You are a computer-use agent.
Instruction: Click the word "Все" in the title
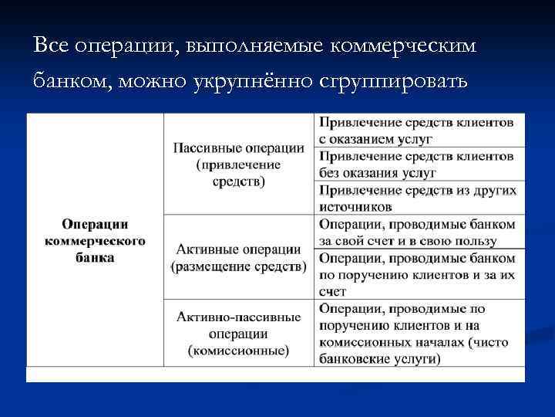(x=52, y=46)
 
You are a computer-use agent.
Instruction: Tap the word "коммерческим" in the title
(x=402, y=46)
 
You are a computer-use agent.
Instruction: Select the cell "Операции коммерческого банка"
(x=95, y=240)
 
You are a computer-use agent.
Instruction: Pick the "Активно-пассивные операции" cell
(x=238, y=333)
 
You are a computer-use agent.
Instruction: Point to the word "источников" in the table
(x=355, y=206)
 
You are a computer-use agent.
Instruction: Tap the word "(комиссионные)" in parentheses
(x=238, y=351)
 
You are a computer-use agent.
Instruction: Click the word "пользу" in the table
(x=496, y=240)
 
